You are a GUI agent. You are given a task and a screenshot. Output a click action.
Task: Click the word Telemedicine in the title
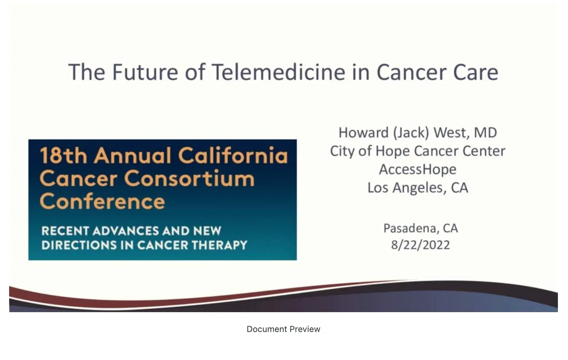pyautogui.click(x=278, y=72)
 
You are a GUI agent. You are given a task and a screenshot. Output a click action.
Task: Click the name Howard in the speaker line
pyautogui.click(x=363, y=133)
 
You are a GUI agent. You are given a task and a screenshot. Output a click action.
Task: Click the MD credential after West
pyautogui.click(x=485, y=133)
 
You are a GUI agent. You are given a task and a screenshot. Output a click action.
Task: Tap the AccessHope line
pyautogui.click(x=417, y=170)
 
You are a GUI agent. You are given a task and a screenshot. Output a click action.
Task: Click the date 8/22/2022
pyautogui.click(x=420, y=245)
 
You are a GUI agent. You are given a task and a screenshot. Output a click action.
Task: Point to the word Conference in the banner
pyautogui.click(x=102, y=201)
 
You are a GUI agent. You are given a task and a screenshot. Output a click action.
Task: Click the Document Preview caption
pyautogui.click(x=283, y=329)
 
